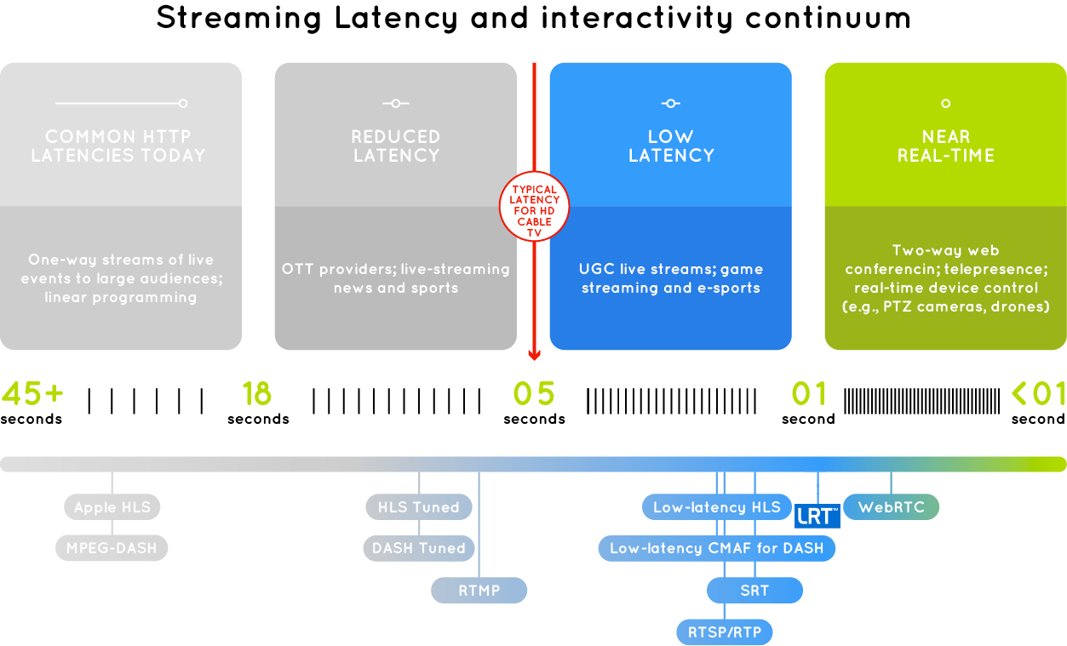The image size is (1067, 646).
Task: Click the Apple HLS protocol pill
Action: point(112,507)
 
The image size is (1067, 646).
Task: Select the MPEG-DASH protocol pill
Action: point(112,548)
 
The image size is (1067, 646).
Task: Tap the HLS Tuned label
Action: point(419,507)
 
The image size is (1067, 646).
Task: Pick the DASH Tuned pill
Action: point(419,548)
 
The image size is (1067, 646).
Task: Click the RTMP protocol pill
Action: point(479,590)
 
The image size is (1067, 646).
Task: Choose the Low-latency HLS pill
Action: point(716,507)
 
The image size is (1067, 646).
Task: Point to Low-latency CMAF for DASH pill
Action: point(716,548)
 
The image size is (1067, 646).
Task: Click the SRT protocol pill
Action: point(754,590)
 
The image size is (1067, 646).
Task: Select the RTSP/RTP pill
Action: point(725,632)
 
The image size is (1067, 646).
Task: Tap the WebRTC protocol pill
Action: point(892,507)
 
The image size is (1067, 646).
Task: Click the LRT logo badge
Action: point(817,516)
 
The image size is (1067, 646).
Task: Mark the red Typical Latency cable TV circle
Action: point(534,206)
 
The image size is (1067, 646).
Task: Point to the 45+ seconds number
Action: point(32,393)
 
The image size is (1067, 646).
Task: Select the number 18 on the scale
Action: point(256,393)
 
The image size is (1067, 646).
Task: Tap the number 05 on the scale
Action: point(534,393)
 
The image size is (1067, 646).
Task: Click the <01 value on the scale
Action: point(1038,393)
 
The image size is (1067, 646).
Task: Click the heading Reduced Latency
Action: point(396,146)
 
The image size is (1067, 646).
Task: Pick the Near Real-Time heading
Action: point(945,146)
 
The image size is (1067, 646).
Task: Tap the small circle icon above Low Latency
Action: point(671,103)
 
